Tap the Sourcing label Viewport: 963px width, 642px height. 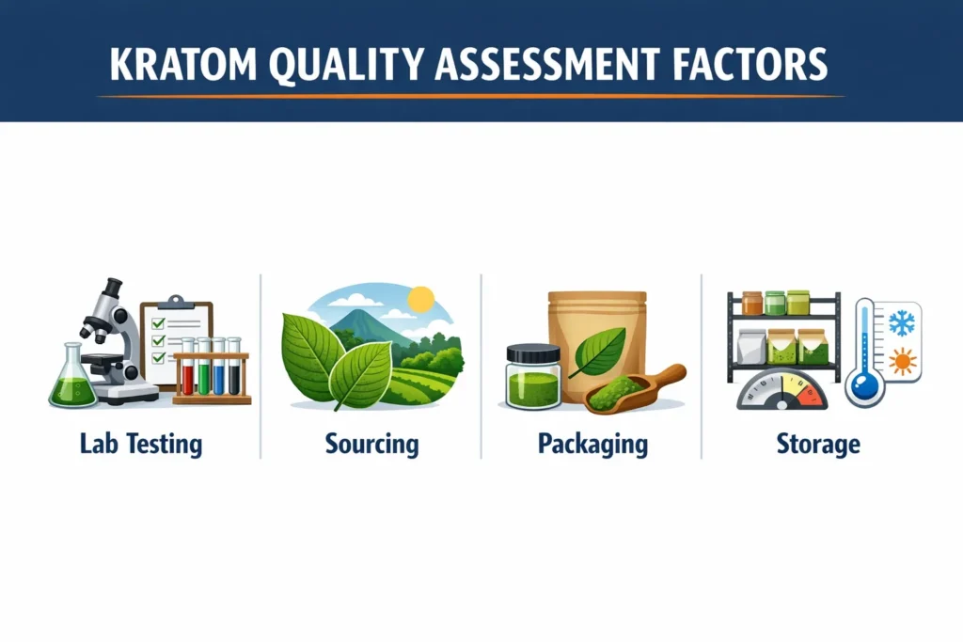(371, 443)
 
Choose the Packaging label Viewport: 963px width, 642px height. (592, 443)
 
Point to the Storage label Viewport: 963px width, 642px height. (818, 443)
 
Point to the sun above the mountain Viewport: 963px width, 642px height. (420, 300)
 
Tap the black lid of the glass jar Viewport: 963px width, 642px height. (532, 353)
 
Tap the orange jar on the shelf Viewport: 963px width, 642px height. (751, 303)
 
